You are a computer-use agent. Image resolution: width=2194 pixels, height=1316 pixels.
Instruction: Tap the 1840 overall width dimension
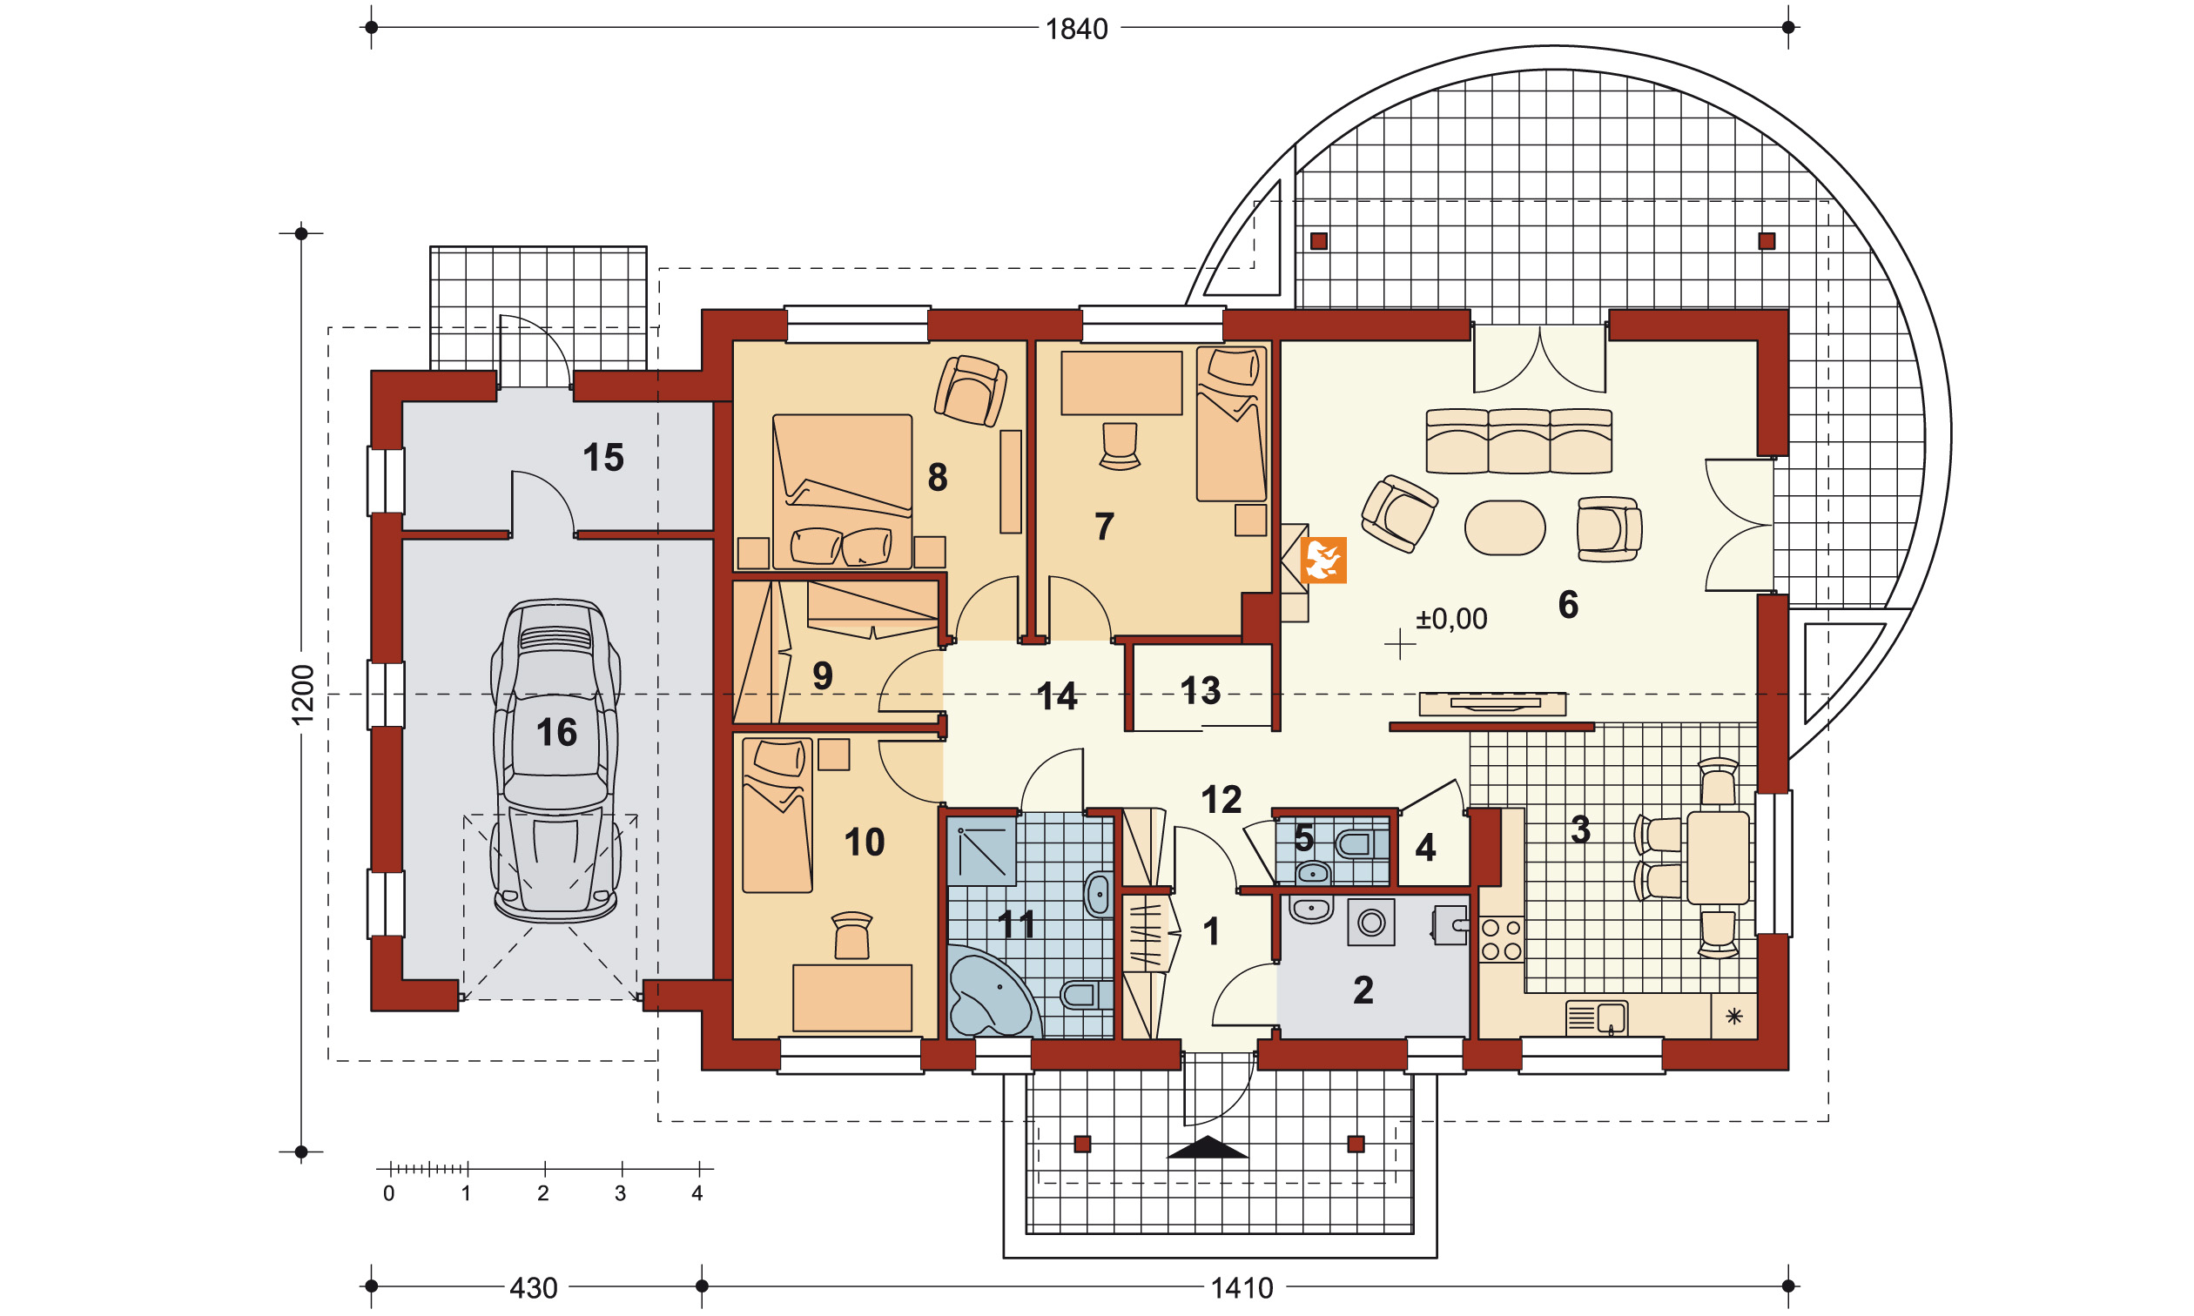click(1077, 30)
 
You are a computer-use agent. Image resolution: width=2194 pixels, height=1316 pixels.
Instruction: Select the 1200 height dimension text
click(303, 695)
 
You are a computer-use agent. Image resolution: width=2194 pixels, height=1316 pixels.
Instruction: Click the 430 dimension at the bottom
click(533, 1287)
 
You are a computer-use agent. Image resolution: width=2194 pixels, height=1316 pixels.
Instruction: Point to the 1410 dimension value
click(1242, 1287)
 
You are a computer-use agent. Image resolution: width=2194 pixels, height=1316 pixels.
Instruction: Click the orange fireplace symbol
click(1323, 561)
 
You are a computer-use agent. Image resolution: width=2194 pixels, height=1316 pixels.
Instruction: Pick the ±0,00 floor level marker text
click(1450, 619)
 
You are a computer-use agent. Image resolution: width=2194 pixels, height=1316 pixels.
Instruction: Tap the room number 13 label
click(1200, 691)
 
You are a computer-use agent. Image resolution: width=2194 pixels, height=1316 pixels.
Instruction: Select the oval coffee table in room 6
click(1505, 527)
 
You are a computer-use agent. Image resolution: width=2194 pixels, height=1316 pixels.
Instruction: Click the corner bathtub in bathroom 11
click(990, 992)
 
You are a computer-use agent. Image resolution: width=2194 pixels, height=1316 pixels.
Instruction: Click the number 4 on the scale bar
click(697, 1193)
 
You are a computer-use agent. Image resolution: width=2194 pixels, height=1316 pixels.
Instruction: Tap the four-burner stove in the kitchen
click(1501, 940)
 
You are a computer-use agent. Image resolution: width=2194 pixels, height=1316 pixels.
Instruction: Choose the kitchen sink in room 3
click(1596, 1018)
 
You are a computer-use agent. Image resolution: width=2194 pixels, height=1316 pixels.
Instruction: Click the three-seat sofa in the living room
click(1519, 440)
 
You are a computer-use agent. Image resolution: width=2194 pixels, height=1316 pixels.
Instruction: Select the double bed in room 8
click(842, 491)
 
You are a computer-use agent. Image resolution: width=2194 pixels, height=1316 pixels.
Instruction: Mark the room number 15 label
click(603, 458)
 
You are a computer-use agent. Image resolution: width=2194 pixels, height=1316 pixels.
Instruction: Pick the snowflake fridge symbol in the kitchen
click(1733, 1017)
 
